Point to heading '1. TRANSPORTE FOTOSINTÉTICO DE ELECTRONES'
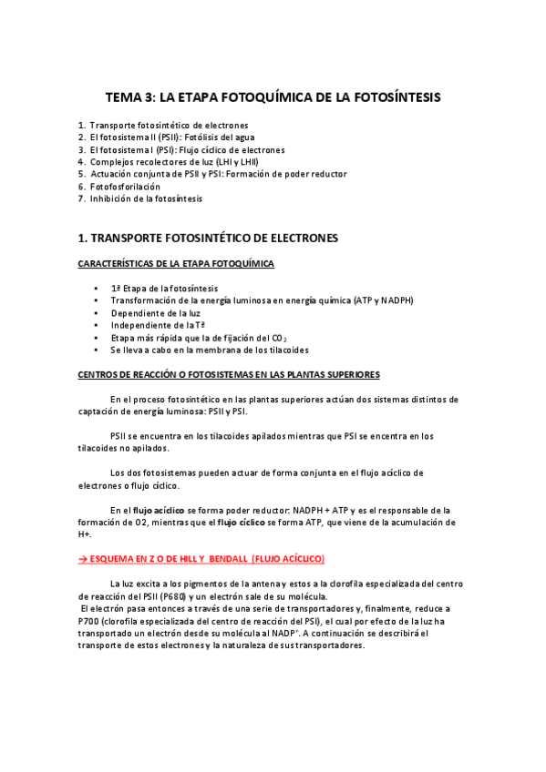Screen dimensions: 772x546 point(208,239)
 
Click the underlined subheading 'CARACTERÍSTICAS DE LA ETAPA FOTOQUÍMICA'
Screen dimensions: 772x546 point(176,264)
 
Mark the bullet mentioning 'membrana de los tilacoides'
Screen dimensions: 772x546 point(210,350)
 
